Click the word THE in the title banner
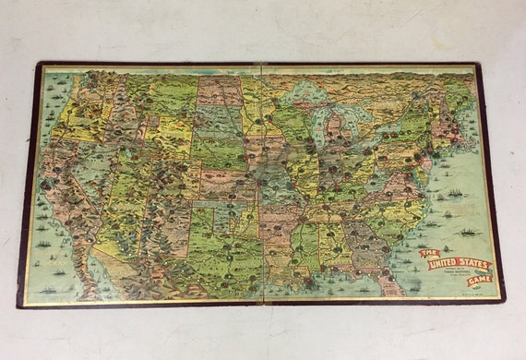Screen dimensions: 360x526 tap(426, 252)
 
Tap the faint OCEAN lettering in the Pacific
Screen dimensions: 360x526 tap(42, 231)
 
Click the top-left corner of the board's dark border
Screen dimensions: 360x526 tap(40, 64)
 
